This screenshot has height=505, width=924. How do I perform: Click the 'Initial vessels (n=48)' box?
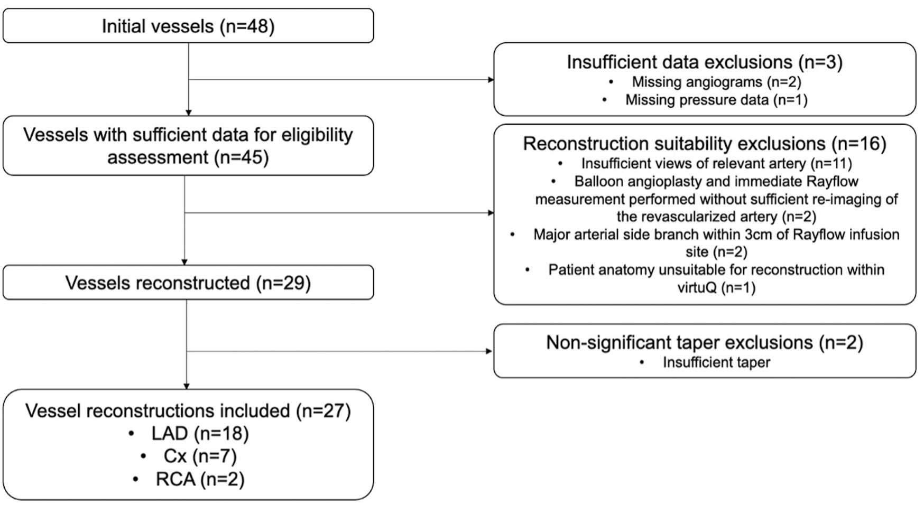point(188,26)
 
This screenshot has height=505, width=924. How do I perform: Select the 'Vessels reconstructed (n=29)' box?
point(188,283)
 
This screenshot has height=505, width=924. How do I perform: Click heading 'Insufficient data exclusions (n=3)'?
point(705,62)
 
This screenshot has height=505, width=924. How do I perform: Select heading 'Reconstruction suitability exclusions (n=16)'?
point(705,144)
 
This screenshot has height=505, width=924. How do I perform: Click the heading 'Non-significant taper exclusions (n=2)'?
point(705,342)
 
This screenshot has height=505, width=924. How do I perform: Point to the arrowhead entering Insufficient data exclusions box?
point(491,80)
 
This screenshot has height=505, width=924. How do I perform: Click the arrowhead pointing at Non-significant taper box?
point(489,351)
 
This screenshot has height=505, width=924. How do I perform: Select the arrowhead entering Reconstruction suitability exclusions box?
point(491,213)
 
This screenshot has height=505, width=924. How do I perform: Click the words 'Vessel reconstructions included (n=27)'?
point(188,411)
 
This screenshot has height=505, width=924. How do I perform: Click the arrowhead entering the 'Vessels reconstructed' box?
point(184,262)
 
